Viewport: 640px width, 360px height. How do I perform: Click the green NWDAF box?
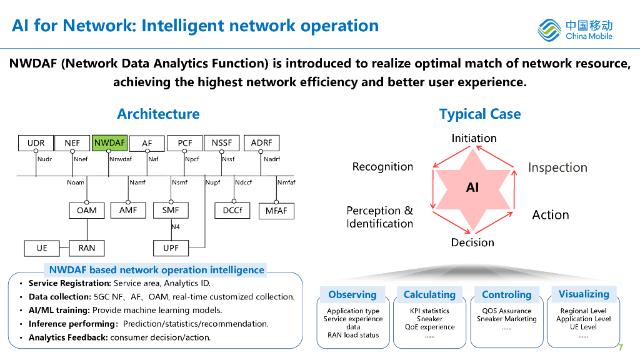click(109, 143)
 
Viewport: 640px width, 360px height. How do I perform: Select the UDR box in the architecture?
click(36, 143)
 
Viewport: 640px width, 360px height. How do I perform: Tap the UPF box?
click(171, 248)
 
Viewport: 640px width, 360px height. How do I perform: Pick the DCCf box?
click(232, 211)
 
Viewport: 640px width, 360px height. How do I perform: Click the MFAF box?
click(276, 211)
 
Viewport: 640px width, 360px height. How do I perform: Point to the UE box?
click(42, 248)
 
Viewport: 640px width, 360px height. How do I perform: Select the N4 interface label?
click(176, 227)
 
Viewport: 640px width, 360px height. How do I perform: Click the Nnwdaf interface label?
click(121, 159)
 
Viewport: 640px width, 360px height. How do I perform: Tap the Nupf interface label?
click(212, 182)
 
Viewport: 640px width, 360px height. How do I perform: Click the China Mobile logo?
click(576, 29)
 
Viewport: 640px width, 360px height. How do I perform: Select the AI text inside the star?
click(472, 187)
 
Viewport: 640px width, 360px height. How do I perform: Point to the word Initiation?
click(474, 138)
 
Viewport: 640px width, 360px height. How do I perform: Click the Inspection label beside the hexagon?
click(557, 167)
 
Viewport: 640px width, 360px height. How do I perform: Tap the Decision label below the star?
click(472, 242)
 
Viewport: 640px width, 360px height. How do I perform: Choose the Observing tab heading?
click(352, 294)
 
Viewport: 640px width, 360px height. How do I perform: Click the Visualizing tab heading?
click(584, 294)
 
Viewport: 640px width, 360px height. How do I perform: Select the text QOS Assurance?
click(507, 311)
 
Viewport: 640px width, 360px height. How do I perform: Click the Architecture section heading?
click(158, 114)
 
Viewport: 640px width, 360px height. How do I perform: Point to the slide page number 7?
click(621, 347)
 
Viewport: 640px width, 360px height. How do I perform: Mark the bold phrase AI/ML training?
click(59, 310)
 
